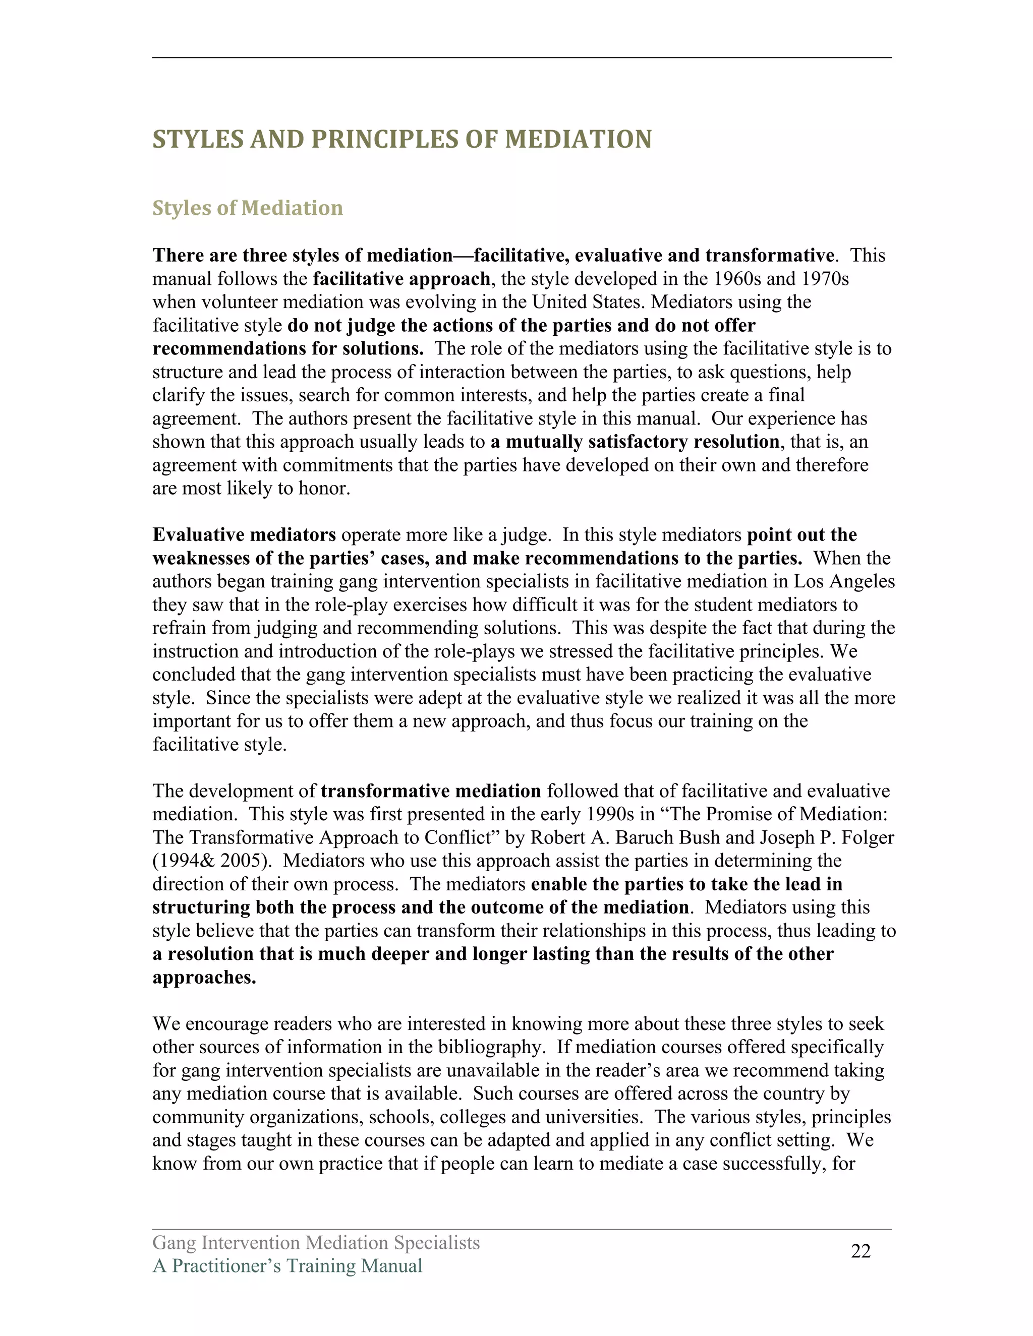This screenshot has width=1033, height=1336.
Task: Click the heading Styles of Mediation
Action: point(247,208)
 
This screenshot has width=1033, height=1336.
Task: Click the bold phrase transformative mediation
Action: point(431,791)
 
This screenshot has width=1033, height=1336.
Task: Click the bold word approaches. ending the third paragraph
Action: point(204,978)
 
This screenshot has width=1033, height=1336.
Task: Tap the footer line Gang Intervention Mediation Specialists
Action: point(316,1242)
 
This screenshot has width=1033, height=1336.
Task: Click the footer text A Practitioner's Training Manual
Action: point(287,1265)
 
